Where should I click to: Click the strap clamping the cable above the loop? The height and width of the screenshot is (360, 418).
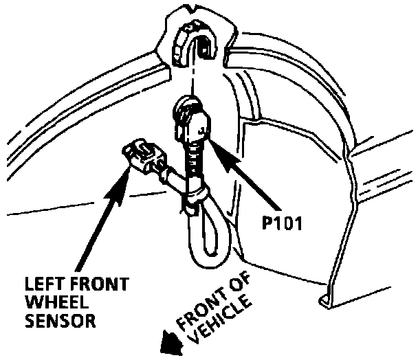(196, 203)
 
